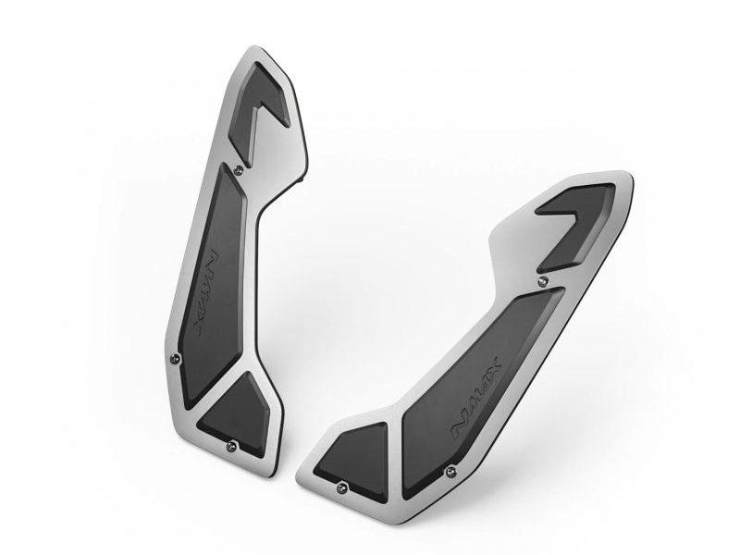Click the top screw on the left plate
click(240, 167)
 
